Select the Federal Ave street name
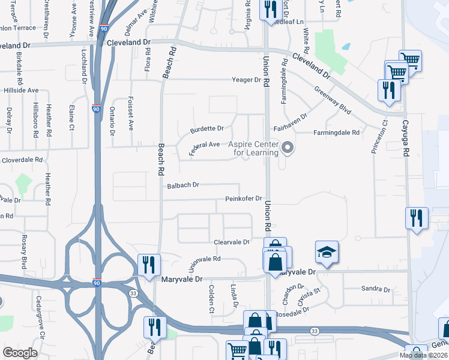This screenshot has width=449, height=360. [205, 146]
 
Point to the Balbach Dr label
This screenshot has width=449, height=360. [183, 185]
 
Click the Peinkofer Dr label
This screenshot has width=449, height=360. [244, 199]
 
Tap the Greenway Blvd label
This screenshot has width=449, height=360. [333, 100]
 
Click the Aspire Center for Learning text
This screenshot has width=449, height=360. [256, 149]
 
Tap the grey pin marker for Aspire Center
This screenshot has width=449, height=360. [288, 148]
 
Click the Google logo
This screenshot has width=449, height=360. [20, 352]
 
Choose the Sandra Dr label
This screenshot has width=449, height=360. [376, 289]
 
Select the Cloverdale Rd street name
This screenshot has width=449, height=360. [22, 160]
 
